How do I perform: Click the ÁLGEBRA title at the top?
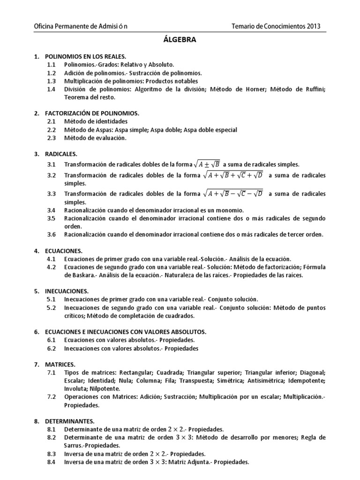tap(180, 40)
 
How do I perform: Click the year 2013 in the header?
tap(311, 26)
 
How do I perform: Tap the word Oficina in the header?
tap(47, 26)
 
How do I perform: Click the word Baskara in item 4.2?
tap(78, 275)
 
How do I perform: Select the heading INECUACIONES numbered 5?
tap(67, 291)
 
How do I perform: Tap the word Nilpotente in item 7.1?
tap(104, 389)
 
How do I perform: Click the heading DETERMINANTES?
tap(70, 421)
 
